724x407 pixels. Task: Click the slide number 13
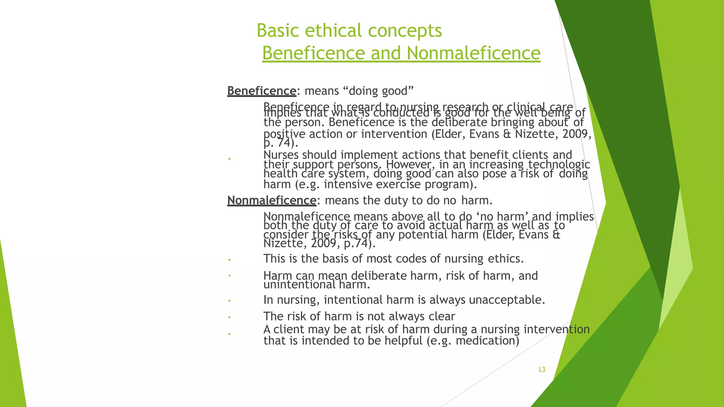tap(542, 370)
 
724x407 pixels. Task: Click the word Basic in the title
tap(278, 30)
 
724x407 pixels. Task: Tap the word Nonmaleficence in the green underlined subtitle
tap(473, 53)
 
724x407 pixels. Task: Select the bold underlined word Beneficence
tap(262, 91)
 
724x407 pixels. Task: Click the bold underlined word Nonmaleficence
tap(271, 200)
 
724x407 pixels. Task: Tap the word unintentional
tap(299, 284)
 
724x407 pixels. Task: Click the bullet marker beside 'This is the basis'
tap(229, 260)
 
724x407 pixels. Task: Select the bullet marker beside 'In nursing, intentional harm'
tap(229, 301)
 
